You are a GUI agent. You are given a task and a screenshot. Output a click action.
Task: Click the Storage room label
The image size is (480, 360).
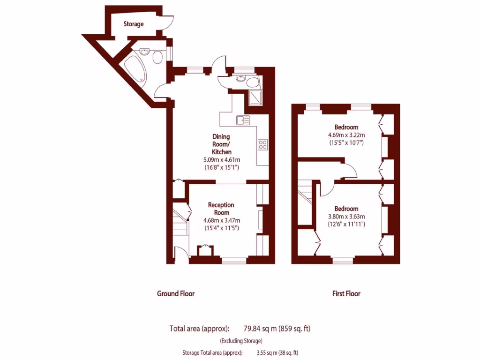tap(133, 24)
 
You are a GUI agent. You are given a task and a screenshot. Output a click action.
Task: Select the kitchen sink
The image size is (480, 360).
tap(243, 120)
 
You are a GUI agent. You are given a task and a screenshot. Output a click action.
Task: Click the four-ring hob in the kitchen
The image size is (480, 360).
tap(262, 144)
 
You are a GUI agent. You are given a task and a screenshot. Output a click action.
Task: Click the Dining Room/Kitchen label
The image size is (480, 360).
tap(221, 144)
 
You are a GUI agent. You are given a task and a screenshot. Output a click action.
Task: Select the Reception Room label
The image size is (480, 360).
tap(221, 209)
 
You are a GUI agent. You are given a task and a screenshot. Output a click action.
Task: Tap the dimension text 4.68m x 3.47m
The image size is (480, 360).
tap(221, 221)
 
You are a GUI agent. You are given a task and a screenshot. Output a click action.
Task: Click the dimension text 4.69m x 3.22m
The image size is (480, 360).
tap(346, 135)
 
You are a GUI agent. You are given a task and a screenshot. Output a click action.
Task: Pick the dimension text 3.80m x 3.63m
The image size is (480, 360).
tap(346, 217)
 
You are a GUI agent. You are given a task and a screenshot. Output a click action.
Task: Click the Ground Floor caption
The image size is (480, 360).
tap(175, 293)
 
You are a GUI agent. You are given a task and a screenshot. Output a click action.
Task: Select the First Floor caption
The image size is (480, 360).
tap(346, 293)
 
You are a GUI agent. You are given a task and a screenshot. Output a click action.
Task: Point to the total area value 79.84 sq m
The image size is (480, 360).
tap(260, 329)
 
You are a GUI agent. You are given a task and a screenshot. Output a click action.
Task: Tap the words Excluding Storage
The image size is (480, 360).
tap(241, 341)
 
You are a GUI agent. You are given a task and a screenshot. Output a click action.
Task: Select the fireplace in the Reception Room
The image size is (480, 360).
tap(205, 250)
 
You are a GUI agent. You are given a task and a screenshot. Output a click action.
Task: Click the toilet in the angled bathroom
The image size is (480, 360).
tap(157, 57)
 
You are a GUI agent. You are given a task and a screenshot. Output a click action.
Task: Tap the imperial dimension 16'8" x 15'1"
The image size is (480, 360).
tap(221, 167)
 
